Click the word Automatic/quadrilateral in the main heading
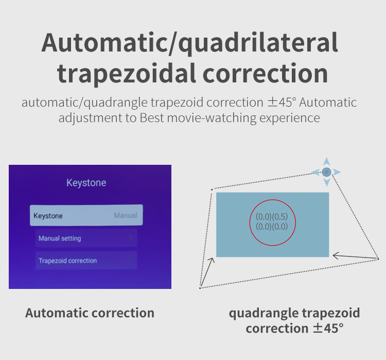coord(189,43)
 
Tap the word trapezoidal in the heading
coord(127,73)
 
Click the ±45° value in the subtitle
coord(282,102)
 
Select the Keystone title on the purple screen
coord(86,183)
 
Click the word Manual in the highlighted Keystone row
coord(126,215)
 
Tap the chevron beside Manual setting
coord(131,237)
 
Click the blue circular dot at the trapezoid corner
coord(326,172)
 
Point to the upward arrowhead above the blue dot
coord(326,161)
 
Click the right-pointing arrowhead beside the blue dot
coord(337,172)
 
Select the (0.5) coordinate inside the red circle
coord(280,217)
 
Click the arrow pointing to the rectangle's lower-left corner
coord(207,272)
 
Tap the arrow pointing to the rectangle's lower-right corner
coord(356,256)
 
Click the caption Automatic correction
coord(90,313)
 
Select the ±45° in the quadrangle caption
coord(328,328)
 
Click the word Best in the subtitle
coord(152,118)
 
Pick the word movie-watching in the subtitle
coord(212,118)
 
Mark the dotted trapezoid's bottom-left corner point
coord(200,288)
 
